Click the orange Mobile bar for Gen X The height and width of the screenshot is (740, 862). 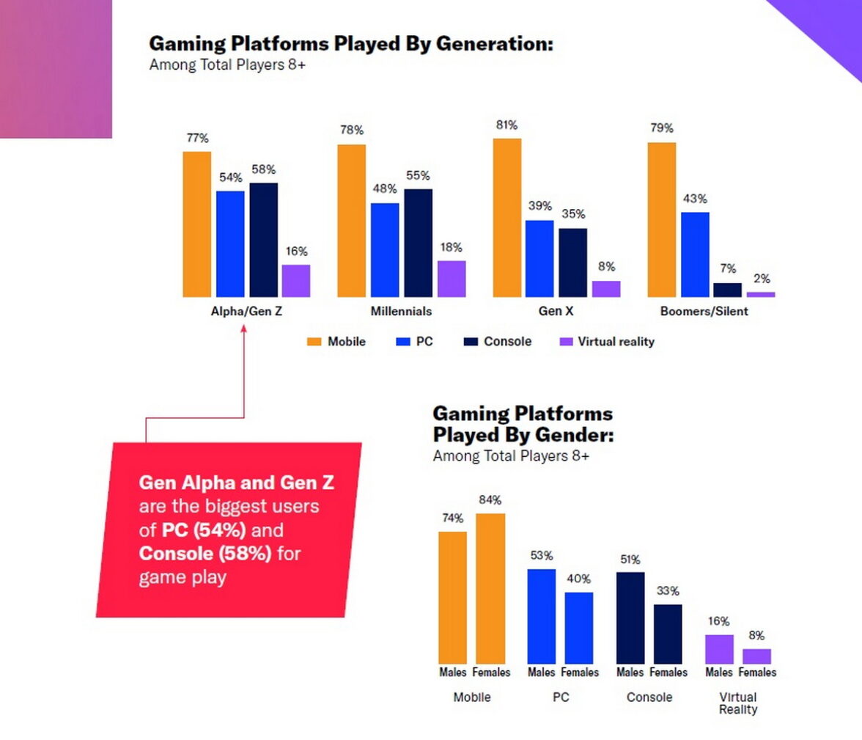point(507,218)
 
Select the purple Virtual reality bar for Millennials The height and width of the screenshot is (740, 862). point(452,279)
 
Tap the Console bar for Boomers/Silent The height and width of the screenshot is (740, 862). point(727,290)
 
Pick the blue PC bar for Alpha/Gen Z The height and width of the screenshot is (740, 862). point(230,243)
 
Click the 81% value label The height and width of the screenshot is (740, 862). point(506,125)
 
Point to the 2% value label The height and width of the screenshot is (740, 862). point(761,279)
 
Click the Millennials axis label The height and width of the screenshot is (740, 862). point(401,311)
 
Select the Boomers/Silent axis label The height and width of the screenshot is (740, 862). point(704,311)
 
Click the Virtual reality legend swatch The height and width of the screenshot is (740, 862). point(565,342)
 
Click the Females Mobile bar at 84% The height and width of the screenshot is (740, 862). point(490,588)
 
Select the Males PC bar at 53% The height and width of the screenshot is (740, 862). point(542,616)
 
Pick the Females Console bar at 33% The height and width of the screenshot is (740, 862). point(668,634)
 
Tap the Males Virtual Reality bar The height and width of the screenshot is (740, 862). point(719,649)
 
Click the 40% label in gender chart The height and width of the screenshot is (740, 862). point(578,579)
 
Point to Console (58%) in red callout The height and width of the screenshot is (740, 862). point(205,553)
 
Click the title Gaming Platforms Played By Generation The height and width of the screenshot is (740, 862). point(350,43)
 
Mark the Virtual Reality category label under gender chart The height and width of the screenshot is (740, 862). point(738,703)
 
